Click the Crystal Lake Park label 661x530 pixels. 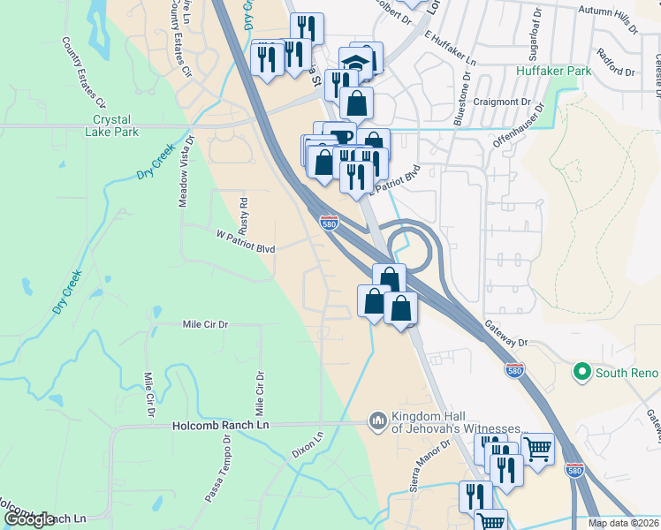coord(115,125)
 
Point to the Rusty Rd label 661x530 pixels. coord(244,213)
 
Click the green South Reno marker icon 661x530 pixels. coord(581,372)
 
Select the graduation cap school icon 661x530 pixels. coord(354,63)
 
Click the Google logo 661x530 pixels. coord(29,519)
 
